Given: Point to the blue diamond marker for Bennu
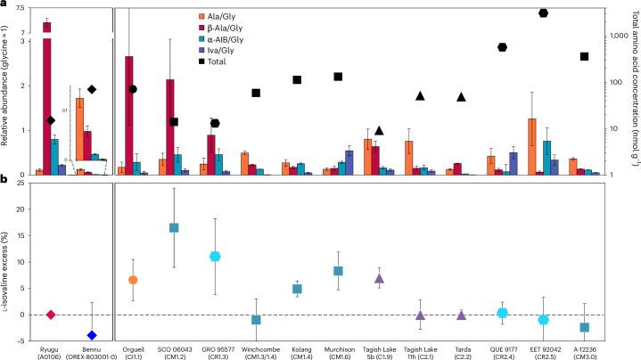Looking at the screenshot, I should point(92,335).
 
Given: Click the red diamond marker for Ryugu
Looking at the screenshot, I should point(51,315).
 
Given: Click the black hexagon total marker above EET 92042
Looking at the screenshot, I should point(544,12).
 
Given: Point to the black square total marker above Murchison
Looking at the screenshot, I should point(339,77).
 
